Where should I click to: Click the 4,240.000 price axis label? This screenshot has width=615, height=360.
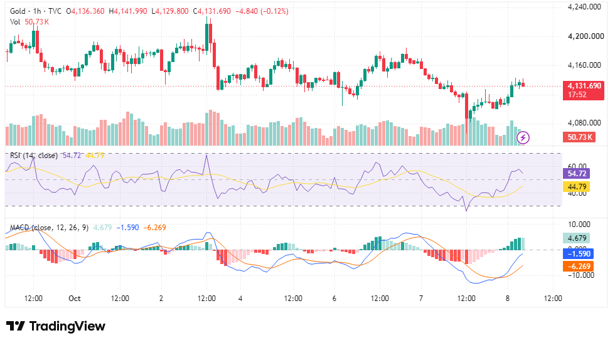tap(584, 7)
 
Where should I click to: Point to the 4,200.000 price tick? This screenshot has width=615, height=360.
tap(586, 36)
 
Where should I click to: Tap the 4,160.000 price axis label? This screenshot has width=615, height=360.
tap(584, 65)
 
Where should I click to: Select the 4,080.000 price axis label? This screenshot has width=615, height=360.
tap(584, 123)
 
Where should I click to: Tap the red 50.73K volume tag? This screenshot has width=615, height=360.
tap(579, 137)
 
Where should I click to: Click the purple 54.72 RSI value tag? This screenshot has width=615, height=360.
tap(577, 173)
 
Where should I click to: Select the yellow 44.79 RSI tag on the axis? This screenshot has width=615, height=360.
tap(577, 187)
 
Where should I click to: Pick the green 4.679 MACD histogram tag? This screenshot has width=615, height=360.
tap(577, 238)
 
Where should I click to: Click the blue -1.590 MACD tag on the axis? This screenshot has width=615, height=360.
tap(579, 254)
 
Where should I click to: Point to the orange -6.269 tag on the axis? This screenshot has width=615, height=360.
tap(579, 267)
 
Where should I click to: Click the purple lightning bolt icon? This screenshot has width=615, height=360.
tap(523, 137)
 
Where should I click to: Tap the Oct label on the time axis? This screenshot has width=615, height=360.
tap(75, 299)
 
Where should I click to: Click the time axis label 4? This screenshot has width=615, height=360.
tap(240, 299)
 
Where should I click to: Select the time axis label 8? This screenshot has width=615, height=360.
tap(508, 299)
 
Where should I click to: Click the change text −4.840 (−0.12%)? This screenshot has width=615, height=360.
tap(262, 11)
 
